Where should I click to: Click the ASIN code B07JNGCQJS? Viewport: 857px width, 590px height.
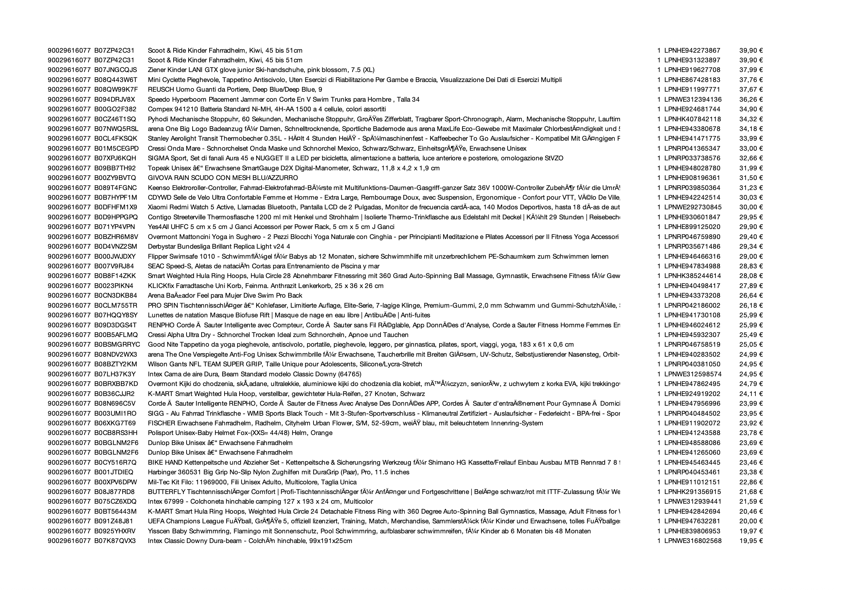point(115,70)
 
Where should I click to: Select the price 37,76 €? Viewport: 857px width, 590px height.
point(751,80)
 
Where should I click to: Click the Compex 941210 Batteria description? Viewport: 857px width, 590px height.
point(267,109)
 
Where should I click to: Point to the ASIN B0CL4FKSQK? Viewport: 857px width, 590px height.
point(115,139)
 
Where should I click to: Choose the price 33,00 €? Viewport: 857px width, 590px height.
point(751,149)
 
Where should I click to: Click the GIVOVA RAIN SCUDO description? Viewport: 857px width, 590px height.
point(223,178)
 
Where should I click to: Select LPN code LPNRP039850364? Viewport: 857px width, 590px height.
point(692,188)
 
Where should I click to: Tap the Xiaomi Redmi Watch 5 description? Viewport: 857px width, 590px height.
point(384,207)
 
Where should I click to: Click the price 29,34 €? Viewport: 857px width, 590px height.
point(751,247)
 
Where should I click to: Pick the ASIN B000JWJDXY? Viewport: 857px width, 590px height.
point(115,257)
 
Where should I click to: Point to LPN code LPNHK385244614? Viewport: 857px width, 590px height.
point(692,276)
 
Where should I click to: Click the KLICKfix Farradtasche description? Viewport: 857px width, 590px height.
point(265,286)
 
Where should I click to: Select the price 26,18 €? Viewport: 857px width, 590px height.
point(751,305)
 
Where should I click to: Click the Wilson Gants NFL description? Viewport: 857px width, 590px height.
point(285,364)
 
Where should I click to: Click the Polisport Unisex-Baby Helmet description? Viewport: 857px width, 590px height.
point(240,433)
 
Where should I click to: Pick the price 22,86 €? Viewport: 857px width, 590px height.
point(751,482)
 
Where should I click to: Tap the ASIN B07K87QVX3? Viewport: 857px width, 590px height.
point(115,541)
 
